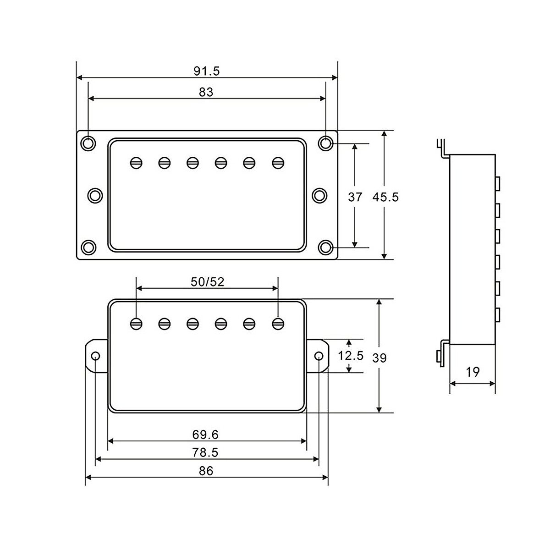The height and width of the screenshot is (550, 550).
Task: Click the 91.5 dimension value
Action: click(x=207, y=71)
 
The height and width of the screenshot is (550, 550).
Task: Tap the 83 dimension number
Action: click(x=206, y=92)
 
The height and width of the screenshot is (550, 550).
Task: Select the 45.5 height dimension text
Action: click(x=385, y=197)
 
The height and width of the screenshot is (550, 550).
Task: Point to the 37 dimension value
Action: click(x=355, y=197)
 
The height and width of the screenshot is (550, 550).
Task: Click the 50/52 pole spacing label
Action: click(x=208, y=282)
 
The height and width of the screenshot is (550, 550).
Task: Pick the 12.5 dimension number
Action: click(x=351, y=355)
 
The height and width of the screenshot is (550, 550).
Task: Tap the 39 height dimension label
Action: click(x=379, y=358)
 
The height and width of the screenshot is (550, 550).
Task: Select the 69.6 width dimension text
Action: click(x=206, y=434)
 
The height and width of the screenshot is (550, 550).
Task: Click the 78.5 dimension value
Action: click(x=206, y=452)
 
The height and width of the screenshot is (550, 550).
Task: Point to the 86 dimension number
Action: click(x=206, y=471)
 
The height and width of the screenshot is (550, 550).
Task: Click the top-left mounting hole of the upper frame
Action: click(x=88, y=143)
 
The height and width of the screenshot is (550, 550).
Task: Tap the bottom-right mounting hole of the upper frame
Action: click(x=326, y=247)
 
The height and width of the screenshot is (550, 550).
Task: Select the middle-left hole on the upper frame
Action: click(x=95, y=196)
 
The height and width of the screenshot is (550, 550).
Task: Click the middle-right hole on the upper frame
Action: click(x=319, y=196)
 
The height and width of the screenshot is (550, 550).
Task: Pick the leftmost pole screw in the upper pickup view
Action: click(x=136, y=163)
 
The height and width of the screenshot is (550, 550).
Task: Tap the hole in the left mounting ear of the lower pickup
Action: click(x=95, y=356)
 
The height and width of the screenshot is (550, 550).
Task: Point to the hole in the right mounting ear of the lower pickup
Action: click(x=319, y=356)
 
